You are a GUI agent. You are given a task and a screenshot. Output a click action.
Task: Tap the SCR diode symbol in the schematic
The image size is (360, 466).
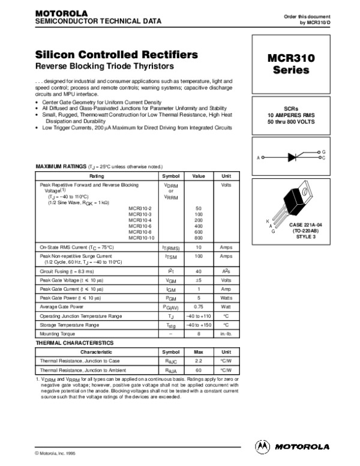pyautogui.click(x=294, y=157)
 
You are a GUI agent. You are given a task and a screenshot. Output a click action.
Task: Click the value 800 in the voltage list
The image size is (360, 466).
pyautogui.click(x=199, y=238)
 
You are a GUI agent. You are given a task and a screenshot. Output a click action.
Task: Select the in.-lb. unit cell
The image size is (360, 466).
pyautogui.click(x=226, y=333)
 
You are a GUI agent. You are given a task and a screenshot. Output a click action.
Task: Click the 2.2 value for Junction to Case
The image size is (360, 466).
pyautogui.click(x=199, y=361)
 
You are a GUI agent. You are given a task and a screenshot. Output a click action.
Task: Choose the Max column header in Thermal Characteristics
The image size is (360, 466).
pyautogui.click(x=199, y=351)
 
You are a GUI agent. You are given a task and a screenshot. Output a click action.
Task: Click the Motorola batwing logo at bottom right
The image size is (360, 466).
pyautogui.click(x=262, y=446)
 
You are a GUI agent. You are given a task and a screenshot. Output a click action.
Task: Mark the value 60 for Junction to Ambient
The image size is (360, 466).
pyautogui.click(x=199, y=371)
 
